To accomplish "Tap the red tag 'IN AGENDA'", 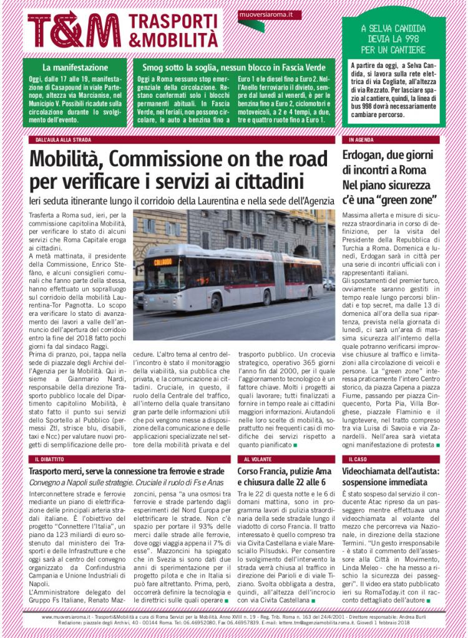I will (360, 140).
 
